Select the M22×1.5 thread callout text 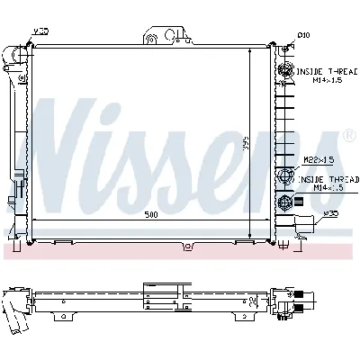coord(319,160)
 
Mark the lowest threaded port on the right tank coord(286,202)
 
